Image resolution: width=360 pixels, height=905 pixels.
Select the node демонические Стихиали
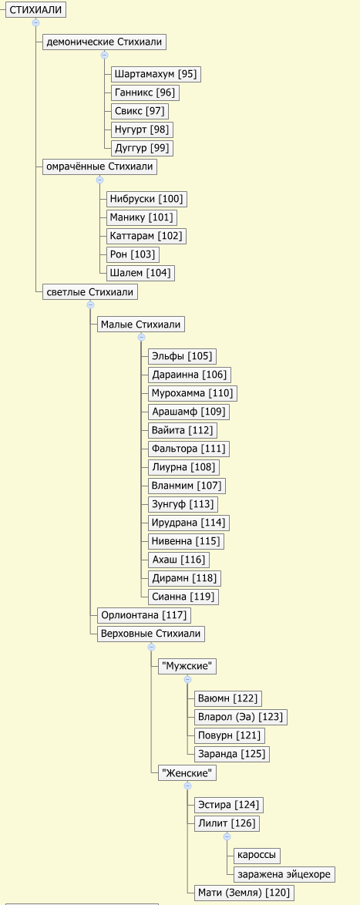(104, 42)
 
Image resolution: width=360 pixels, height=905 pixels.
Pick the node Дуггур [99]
(142, 148)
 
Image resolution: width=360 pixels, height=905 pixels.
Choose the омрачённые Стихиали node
(99, 167)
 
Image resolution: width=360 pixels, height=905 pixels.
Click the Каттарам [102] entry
(146, 236)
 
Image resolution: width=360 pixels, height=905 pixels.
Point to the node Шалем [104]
(140, 273)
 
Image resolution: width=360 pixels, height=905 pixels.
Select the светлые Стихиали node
(89, 292)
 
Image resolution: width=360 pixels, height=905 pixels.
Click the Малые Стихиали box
(141, 325)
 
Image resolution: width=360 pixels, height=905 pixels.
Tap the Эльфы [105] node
(182, 356)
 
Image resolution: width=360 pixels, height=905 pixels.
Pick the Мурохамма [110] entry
(192, 393)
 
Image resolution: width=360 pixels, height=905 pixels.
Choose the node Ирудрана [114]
(188, 523)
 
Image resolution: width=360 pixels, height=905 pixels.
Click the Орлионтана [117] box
(143, 615)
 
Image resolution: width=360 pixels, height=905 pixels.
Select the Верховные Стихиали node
(150, 634)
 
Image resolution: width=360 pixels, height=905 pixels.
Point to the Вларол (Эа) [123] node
(240, 718)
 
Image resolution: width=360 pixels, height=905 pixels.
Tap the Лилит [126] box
(226, 823)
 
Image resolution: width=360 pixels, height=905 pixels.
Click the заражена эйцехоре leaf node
(284, 874)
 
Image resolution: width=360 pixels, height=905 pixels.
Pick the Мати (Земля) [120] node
(243, 893)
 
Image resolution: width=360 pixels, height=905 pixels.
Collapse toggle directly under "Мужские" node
(187, 679)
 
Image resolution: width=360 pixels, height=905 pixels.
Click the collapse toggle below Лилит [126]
(227, 836)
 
